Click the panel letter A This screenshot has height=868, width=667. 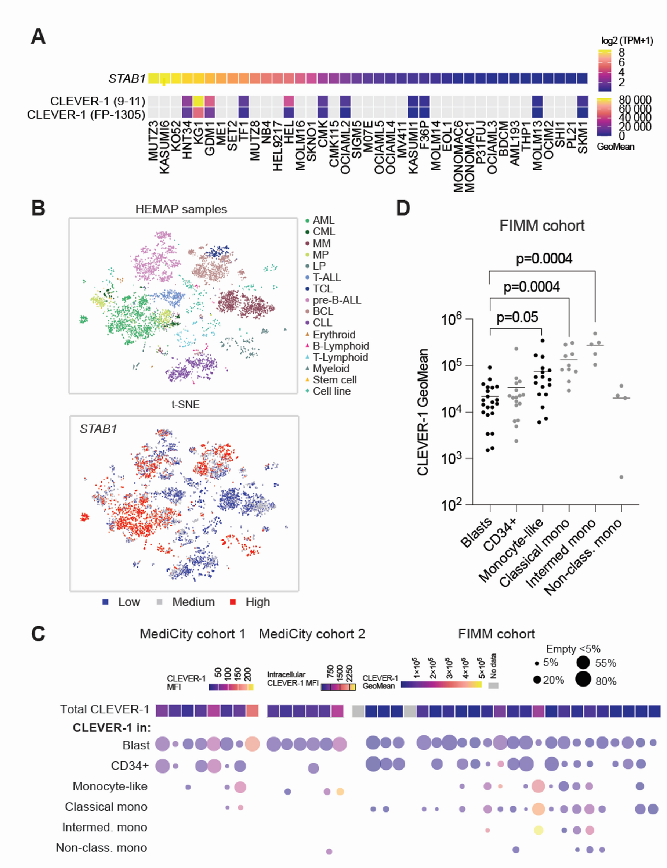pyautogui.click(x=38, y=36)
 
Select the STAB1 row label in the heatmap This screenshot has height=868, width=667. pyautogui.click(x=127, y=79)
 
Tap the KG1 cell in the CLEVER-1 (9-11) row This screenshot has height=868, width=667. pyautogui.click(x=198, y=101)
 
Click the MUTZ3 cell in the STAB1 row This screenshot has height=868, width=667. pyautogui.click(x=153, y=78)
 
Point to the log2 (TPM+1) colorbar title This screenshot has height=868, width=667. pyautogui.click(x=627, y=40)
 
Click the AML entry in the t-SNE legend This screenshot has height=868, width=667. pyautogui.click(x=323, y=220)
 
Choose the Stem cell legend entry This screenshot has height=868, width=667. pyautogui.click(x=334, y=380)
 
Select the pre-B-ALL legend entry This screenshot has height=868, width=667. pyautogui.click(x=336, y=300)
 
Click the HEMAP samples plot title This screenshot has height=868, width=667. pyautogui.click(x=181, y=209)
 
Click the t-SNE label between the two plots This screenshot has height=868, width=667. pyautogui.click(x=185, y=404)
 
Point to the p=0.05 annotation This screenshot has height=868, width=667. pyautogui.click(x=517, y=317)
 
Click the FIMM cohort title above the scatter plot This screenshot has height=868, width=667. pyautogui.click(x=541, y=226)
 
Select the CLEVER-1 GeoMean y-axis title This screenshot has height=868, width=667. pyautogui.click(x=423, y=411)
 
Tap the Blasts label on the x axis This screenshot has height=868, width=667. pyautogui.click(x=476, y=533)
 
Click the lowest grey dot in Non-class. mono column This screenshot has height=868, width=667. pyautogui.click(x=621, y=477)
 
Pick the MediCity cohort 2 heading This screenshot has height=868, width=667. pyautogui.click(x=312, y=634)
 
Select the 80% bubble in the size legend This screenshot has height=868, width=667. pyautogui.click(x=583, y=679)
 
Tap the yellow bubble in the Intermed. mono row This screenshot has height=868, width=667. pyautogui.click(x=539, y=830)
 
